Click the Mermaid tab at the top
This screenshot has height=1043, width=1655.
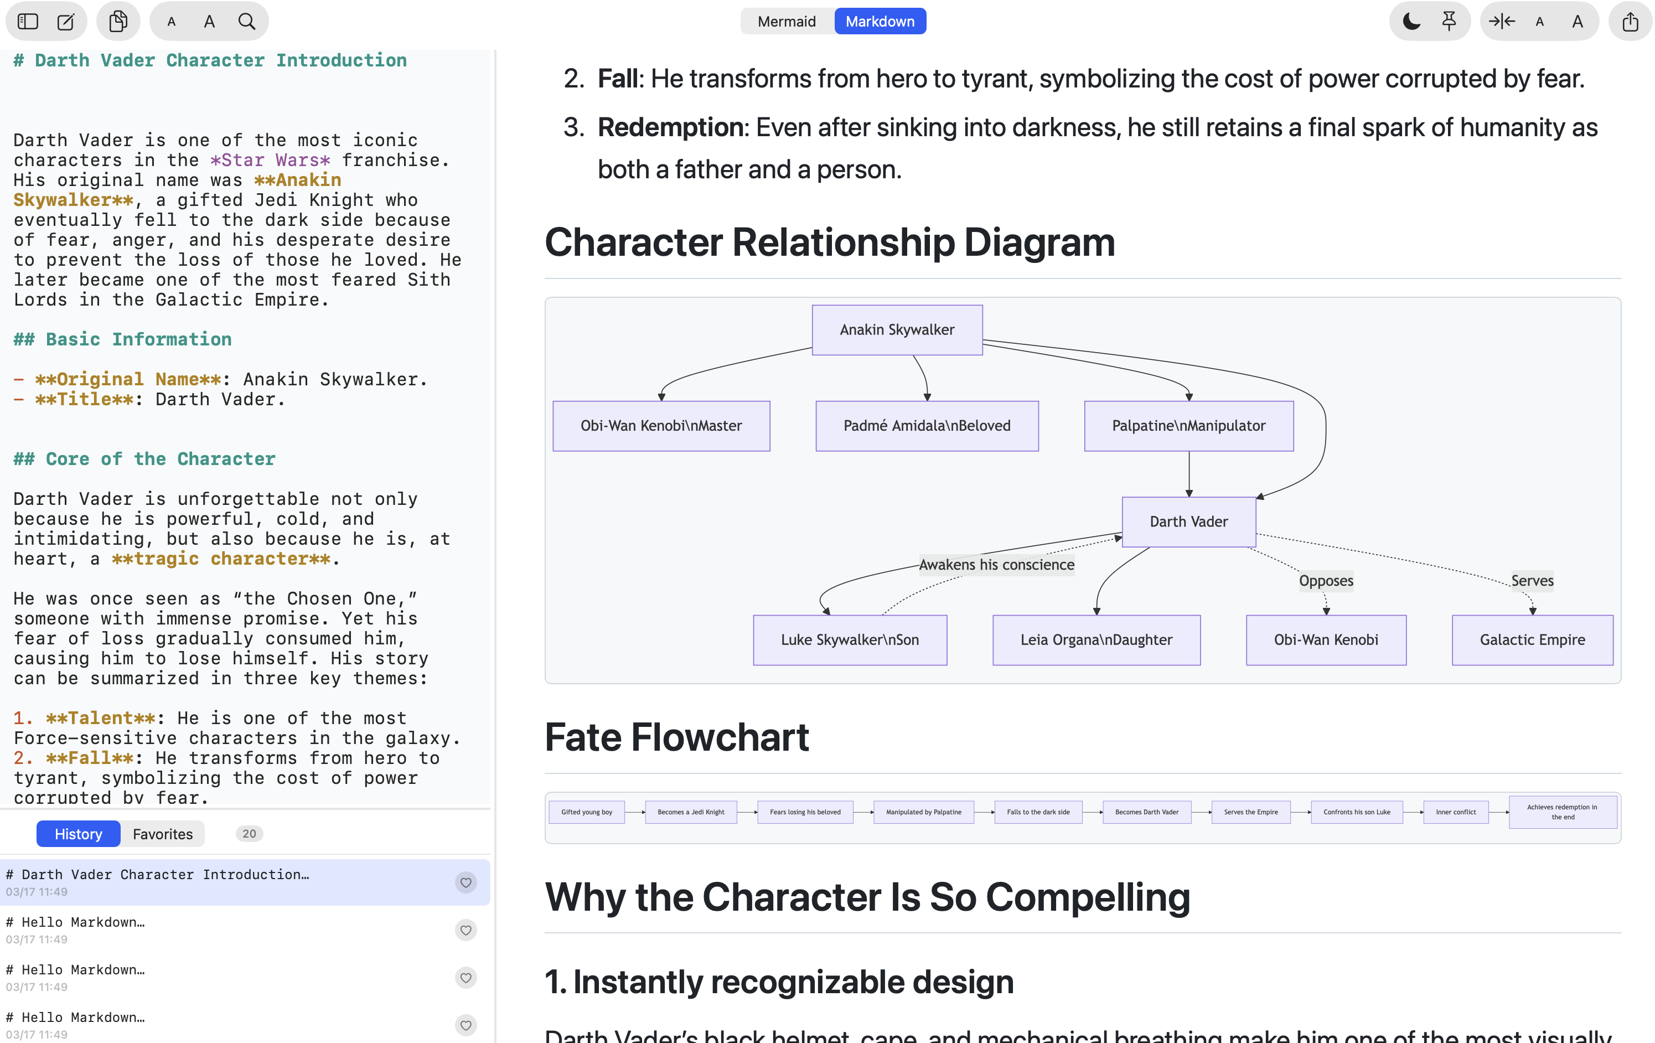[x=786, y=21]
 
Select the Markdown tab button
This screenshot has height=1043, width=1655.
[x=880, y=21]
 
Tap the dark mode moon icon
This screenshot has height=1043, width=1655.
[x=1411, y=21]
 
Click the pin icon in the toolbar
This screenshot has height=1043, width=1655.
[x=1449, y=21]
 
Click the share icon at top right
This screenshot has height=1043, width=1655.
[x=1630, y=21]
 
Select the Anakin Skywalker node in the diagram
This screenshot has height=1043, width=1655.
[x=897, y=330]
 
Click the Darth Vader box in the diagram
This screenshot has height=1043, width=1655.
[x=1188, y=522]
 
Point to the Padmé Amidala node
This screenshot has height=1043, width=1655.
[x=927, y=426]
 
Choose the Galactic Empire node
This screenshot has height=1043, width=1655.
[x=1532, y=640]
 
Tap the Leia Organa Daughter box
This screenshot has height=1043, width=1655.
[x=1097, y=640]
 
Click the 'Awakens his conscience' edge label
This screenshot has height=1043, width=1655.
[x=996, y=565]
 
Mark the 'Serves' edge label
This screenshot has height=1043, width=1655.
[x=1532, y=581]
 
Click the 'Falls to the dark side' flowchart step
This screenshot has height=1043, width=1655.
[x=1038, y=812]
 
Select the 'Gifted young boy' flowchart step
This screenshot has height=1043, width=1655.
[x=586, y=812]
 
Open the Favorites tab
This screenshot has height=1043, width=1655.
[x=162, y=834]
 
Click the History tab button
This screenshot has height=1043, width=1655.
[x=79, y=834]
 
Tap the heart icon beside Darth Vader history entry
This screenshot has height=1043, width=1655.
[x=466, y=882]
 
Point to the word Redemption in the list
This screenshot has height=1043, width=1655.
[x=671, y=128]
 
